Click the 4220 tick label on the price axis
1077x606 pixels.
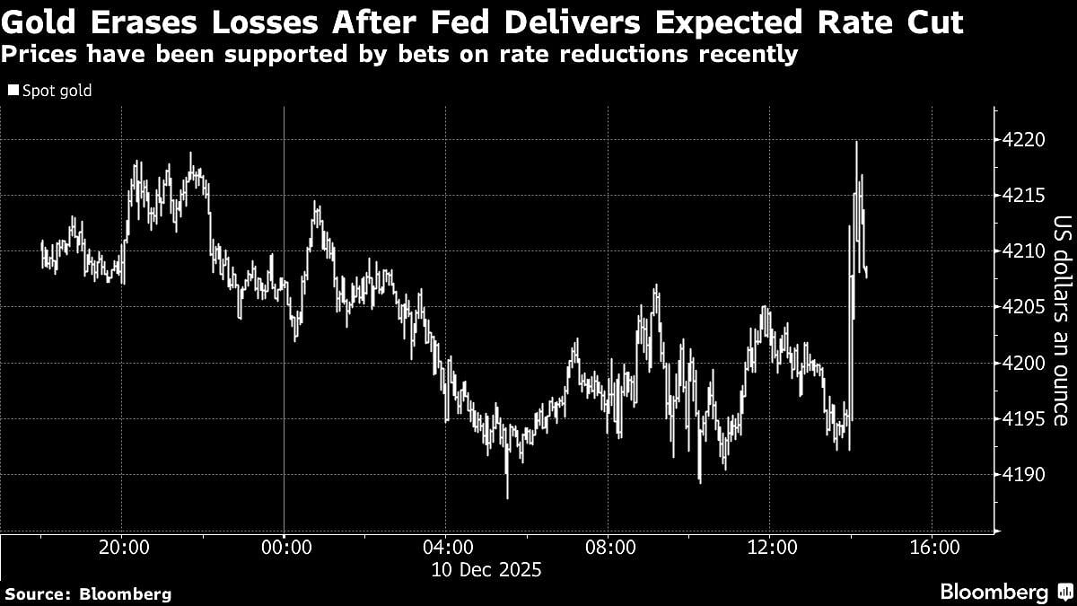[x=1023, y=142]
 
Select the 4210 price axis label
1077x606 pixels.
[x=1023, y=252]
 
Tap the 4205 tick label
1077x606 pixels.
[x=1023, y=308]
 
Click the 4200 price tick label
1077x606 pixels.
[x=1023, y=364]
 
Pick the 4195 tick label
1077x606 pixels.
[x=1023, y=419]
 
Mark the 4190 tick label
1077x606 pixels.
[x=1023, y=474]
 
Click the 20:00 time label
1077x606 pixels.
[x=122, y=548]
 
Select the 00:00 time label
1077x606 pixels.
[x=284, y=548]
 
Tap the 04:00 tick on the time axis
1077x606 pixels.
[x=446, y=548]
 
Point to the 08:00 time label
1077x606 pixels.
[x=609, y=548]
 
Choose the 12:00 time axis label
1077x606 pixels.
[x=770, y=548]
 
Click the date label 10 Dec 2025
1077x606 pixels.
[x=486, y=569]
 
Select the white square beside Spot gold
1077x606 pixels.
[x=13, y=91]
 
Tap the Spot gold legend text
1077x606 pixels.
[x=57, y=91]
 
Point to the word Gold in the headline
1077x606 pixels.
[x=40, y=22]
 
